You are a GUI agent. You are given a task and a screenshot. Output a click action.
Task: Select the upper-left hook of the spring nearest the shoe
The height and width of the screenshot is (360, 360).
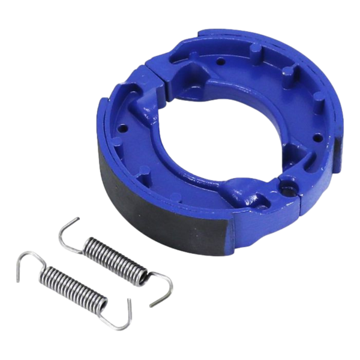(x=68, y=230)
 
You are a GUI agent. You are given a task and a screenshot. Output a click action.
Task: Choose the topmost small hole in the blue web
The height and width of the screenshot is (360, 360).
(x=223, y=59)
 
